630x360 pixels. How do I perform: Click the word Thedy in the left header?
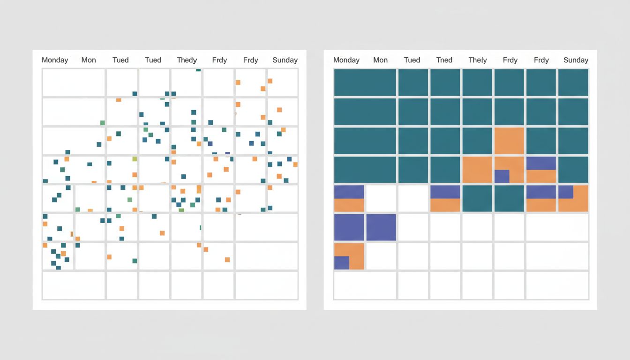click(187, 60)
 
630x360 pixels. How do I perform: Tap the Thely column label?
click(477, 60)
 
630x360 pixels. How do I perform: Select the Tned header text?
click(444, 60)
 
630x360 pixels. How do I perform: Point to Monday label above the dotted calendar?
click(55, 60)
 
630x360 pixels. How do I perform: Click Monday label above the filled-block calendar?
click(346, 60)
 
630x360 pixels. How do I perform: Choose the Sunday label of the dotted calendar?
click(285, 60)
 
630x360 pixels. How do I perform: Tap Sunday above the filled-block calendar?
click(576, 60)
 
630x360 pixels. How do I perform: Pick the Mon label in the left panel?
click(89, 60)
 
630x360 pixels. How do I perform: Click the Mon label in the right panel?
click(380, 60)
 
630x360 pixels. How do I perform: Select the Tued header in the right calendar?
click(412, 60)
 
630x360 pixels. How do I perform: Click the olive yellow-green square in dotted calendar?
click(135, 159)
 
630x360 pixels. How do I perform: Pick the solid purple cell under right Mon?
click(381, 227)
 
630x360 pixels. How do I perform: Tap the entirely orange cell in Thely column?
click(477, 170)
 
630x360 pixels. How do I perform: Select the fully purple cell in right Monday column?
click(349, 227)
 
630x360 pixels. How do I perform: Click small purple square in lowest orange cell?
click(342, 263)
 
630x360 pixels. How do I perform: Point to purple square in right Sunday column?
click(565, 192)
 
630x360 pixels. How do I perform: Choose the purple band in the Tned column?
click(445, 192)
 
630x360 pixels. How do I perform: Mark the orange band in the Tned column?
click(445, 205)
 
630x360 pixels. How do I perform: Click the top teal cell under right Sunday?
click(573, 82)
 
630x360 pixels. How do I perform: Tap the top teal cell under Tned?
click(445, 82)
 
